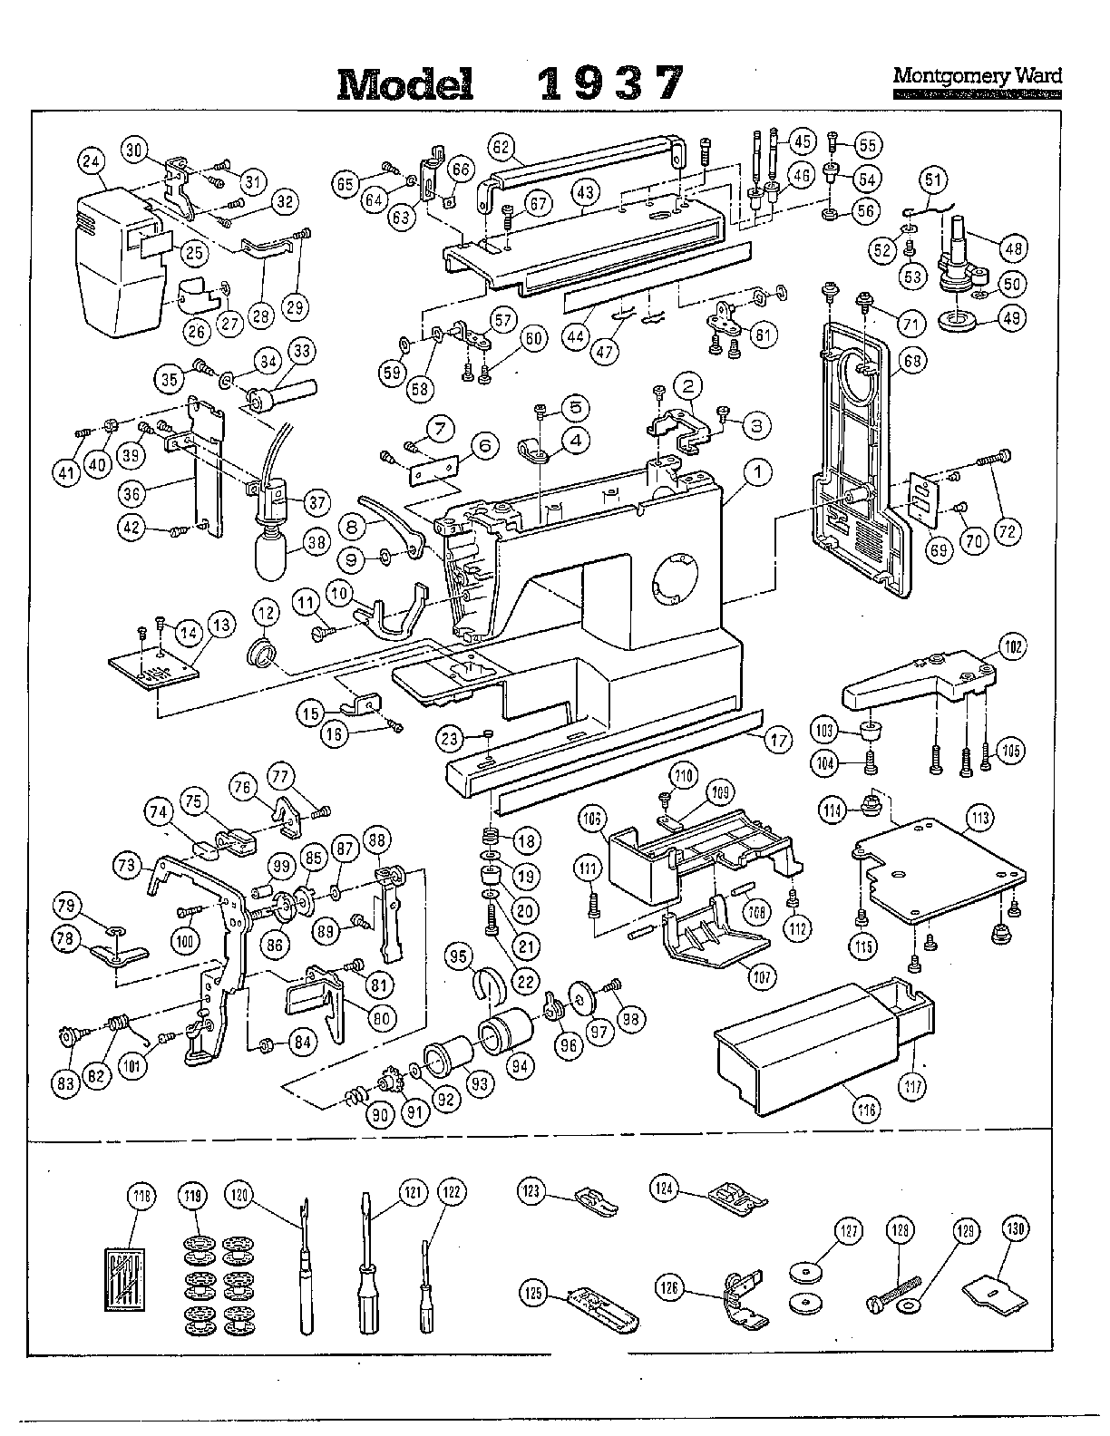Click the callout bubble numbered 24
[91, 162]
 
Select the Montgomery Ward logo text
[977, 77]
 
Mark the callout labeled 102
[1013, 647]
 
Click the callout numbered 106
[593, 820]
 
